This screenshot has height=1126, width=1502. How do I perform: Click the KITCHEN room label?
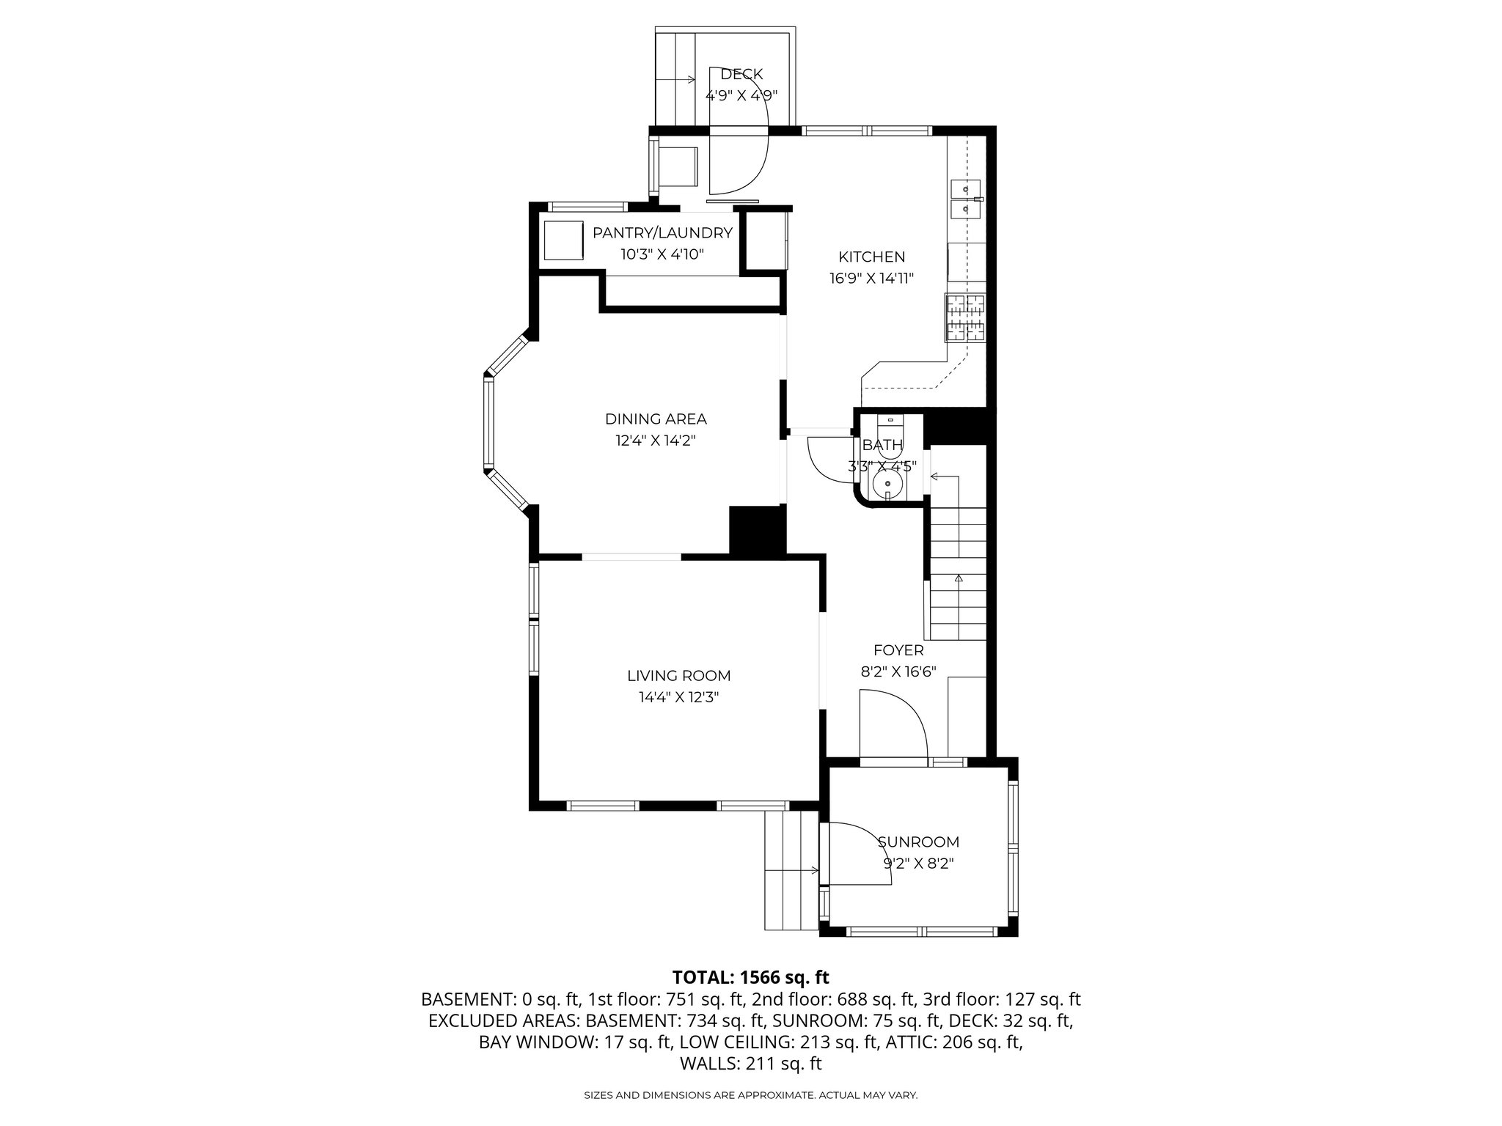pos(871,257)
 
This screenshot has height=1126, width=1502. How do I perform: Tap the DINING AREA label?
pos(656,419)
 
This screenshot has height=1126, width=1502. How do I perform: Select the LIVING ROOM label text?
pos(678,676)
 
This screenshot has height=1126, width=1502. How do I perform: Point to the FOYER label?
pos(898,650)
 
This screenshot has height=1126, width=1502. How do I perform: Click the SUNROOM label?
pos(918,842)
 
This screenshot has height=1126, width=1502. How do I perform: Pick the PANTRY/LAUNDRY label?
pos(662,233)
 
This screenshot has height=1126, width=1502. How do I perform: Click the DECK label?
pos(741,74)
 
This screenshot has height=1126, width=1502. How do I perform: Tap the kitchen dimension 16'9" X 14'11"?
pos(871,279)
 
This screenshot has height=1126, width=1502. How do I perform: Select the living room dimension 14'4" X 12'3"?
pos(678,697)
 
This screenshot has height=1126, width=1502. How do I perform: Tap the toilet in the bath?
pos(891,433)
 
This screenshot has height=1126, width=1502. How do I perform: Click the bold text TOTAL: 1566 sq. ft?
pos(750,977)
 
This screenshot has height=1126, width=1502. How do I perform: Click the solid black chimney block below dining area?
pos(757,530)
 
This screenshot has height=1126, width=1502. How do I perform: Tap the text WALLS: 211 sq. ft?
pos(750,1063)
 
